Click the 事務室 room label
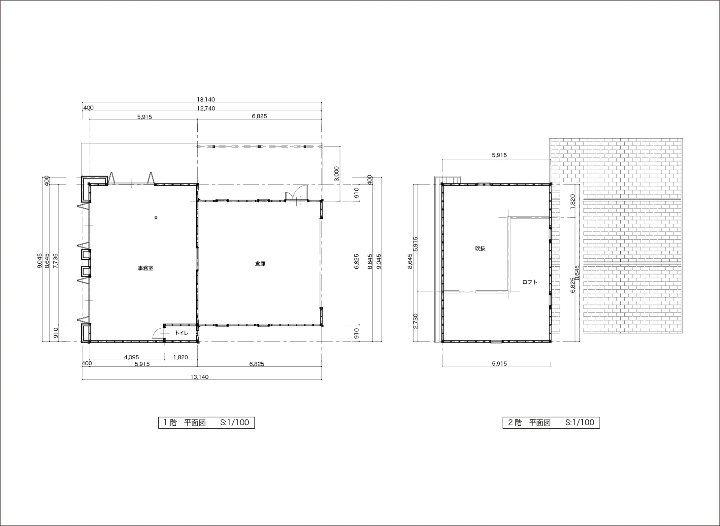(145, 268)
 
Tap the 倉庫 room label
(260, 264)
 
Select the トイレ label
(181, 333)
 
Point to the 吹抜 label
(480, 248)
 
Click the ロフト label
(529, 282)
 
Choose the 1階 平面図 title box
(206, 423)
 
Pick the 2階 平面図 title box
(551, 423)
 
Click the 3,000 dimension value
(336, 174)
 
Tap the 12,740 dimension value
(206, 108)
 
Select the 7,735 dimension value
(56, 261)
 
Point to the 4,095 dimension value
(131, 357)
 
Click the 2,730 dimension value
(415, 321)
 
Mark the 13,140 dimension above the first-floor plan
(206, 100)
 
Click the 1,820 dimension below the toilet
(180, 357)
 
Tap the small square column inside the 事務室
(156, 218)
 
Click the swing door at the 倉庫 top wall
(297, 193)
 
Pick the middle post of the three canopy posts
(259, 146)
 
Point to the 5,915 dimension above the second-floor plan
(499, 155)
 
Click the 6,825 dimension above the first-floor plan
(259, 116)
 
